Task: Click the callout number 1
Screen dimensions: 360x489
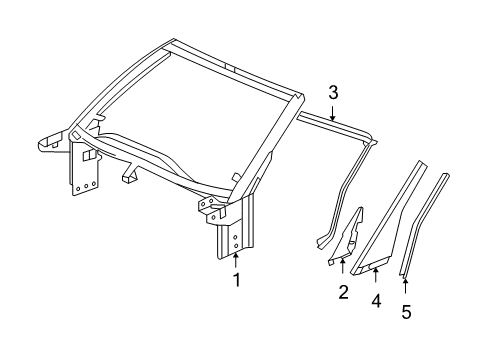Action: (236, 280)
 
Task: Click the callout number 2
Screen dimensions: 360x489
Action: (342, 292)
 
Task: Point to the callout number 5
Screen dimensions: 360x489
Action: (405, 311)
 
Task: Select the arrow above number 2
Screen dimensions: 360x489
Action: (342, 268)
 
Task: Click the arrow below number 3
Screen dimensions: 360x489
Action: (332, 113)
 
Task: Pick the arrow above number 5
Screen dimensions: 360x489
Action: (405, 286)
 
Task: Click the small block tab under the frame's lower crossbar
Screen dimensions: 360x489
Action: (128, 178)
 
